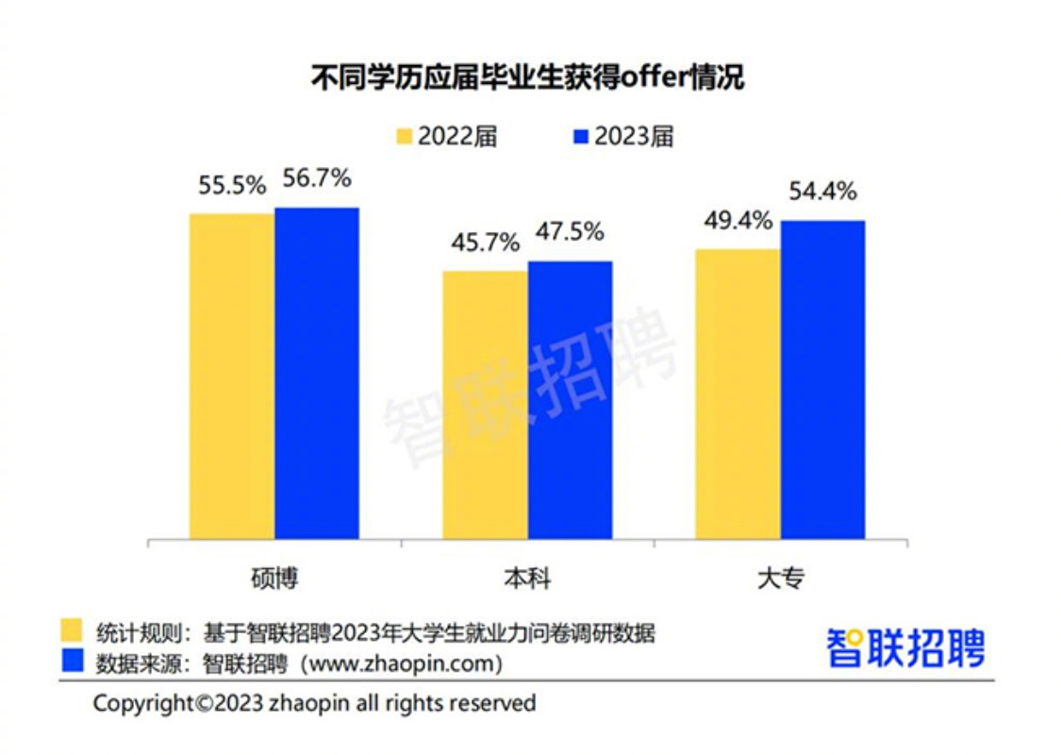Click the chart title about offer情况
pyautogui.click(x=527, y=77)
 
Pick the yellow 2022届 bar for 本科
pyautogui.click(x=485, y=405)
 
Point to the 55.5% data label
pyautogui.click(x=232, y=186)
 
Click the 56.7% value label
pyautogui.click(x=317, y=177)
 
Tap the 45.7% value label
pyautogui.click(x=485, y=243)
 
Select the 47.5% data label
pyautogui.click(x=570, y=232)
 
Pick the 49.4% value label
pyautogui.click(x=738, y=221)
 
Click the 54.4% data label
pyautogui.click(x=822, y=192)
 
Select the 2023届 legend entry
pyautogui.click(x=623, y=136)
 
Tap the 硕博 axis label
pyautogui.click(x=274, y=578)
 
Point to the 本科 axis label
pyautogui.click(x=527, y=578)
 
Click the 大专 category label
pyautogui.click(x=780, y=578)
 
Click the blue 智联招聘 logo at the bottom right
pyautogui.click(x=905, y=648)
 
